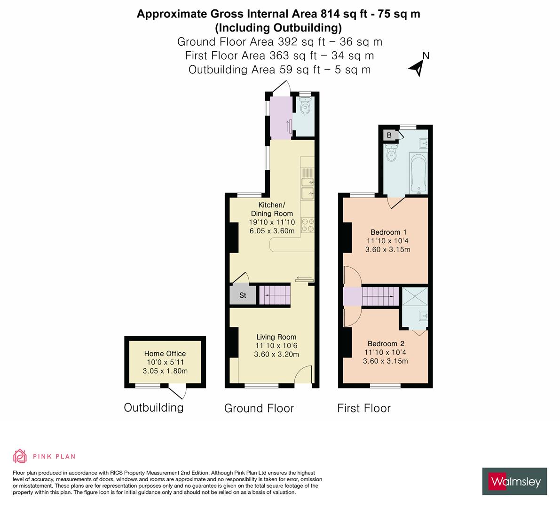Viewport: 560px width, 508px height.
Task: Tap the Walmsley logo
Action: [x=514, y=481]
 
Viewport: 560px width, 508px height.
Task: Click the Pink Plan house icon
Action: [x=20, y=456]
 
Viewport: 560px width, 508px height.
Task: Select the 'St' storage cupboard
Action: [x=243, y=295]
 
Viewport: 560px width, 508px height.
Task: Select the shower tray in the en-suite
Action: [x=414, y=297]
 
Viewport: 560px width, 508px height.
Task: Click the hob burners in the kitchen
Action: [x=308, y=225]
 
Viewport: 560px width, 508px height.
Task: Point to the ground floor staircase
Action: [x=275, y=295]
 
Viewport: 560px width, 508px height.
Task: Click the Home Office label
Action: [x=165, y=354]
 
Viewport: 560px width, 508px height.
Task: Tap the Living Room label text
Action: [x=276, y=337]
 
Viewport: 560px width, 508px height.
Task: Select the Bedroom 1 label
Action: [x=388, y=232]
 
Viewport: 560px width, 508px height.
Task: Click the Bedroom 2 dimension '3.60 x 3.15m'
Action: [x=385, y=361]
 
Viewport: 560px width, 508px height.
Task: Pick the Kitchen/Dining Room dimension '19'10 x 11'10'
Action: [x=272, y=222]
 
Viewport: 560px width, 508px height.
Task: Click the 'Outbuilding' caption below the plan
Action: [x=153, y=407]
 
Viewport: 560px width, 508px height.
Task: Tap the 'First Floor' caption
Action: [x=363, y=408]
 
